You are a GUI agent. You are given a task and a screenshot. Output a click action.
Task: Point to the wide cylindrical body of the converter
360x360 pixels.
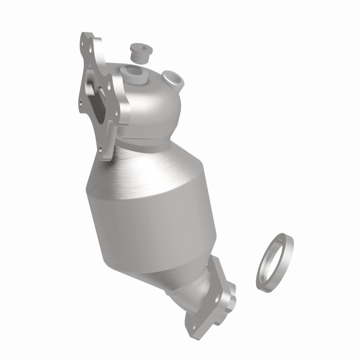148,211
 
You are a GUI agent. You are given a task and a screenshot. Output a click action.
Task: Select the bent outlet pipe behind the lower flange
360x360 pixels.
211,270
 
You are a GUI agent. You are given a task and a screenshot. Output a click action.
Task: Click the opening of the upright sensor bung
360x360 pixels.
133,70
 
